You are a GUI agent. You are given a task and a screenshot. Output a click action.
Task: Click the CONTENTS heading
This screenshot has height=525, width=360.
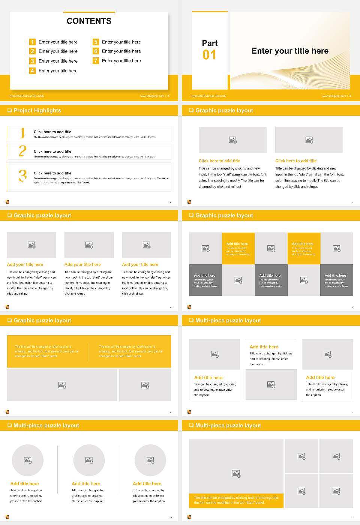[x=89, y=21]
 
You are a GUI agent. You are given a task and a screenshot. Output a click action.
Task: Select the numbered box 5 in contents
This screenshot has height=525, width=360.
[x=96, y=42]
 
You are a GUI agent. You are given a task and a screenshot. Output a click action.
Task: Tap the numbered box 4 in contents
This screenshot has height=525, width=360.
[x=33, y=70]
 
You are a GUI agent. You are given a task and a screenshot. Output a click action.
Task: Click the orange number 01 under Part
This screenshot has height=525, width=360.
[x=209, y=55]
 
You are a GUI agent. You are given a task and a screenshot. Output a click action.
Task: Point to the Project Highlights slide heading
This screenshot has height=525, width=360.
[x=37, y=110]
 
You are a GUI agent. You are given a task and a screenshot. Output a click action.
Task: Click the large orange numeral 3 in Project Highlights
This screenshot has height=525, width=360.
[x=22, y=175]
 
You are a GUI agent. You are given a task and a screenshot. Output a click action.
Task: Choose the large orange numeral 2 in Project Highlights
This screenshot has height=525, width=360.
[x=22, y=151]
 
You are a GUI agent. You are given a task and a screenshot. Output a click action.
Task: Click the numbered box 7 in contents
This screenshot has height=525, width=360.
[x=96, y=61]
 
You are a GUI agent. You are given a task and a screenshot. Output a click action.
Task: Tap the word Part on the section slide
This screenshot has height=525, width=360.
[x=210, y=43]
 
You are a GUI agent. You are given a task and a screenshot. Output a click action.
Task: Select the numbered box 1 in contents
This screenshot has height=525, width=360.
[x=33, y=42]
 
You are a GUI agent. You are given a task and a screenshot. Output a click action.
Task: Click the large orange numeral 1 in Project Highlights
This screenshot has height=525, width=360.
[x=22, y=133]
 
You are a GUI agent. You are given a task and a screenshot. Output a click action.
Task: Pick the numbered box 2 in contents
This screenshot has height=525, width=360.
[x=33, y=51]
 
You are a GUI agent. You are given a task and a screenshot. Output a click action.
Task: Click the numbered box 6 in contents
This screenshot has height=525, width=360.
[x=96, y=51]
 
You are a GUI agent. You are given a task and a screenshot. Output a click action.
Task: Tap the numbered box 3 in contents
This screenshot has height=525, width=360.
[x=33, y=61]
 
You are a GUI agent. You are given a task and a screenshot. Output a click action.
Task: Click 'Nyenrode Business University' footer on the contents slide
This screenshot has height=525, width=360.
[x=27, y=96]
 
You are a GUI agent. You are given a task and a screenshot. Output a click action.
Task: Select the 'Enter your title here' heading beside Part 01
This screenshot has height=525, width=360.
[x=290, y=51]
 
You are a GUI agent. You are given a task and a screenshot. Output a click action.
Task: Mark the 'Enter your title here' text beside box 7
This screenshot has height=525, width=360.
[x=121, y=61]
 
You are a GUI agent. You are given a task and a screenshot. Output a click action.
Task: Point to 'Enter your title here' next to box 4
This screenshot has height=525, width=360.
[x=58, y=70]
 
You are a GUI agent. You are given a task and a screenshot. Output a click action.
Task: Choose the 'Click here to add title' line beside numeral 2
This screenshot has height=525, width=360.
[x=52, y=151]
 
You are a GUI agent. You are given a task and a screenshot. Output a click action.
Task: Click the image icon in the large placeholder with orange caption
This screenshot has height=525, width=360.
[x=236, y=474]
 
